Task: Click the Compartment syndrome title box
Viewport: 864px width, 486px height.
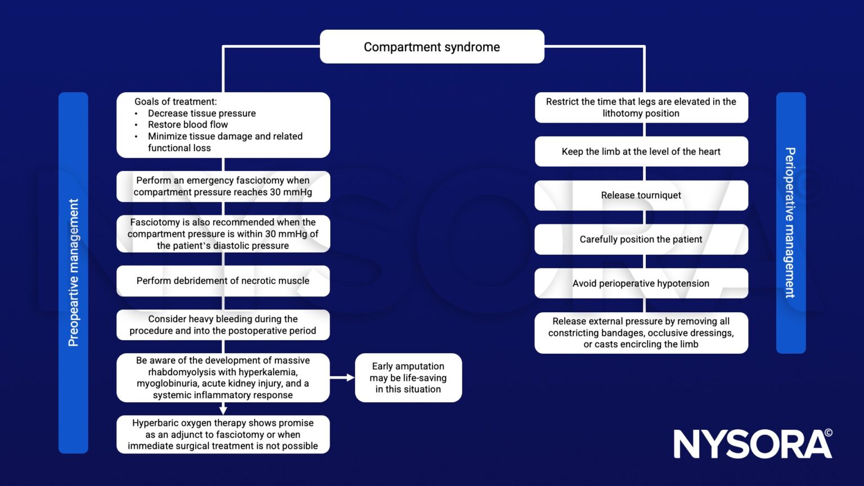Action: (x=431, y=47)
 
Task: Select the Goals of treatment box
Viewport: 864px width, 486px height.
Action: (x=223, y=125)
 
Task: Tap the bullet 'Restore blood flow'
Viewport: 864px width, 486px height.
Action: (x=188, y=125)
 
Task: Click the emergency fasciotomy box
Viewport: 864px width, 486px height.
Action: (x=223, y=186)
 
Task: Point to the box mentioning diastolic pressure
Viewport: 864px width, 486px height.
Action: (x=223, y=234)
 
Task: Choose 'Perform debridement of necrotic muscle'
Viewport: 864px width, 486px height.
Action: (x=223, y=281)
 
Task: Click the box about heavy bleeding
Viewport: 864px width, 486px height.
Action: (x=223, y=325)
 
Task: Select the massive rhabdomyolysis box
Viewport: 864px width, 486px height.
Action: (x=223, y=377)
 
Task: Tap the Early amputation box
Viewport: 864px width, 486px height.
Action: (x=408, y=377)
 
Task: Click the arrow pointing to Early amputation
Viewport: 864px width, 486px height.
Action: (x=343, y=377)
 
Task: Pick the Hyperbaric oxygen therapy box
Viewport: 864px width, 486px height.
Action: (x=223, y=434)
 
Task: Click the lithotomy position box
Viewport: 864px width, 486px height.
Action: (x=641, y=107)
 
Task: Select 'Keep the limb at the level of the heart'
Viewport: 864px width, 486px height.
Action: (x=641, y=151)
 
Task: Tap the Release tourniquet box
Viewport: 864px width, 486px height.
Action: (x=641, y=195)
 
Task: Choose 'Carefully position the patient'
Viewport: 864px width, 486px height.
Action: (x=641, y=239)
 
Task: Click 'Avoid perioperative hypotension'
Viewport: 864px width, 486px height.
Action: (x=641, y=283)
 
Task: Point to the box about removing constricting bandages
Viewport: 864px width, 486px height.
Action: (x=641, y=332)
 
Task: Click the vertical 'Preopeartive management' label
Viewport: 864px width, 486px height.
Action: (x=73, y=273)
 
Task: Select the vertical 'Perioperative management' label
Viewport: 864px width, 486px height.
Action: (x=791, y=223)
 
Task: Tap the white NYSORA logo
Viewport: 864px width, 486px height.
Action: (x=752, y=444)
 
